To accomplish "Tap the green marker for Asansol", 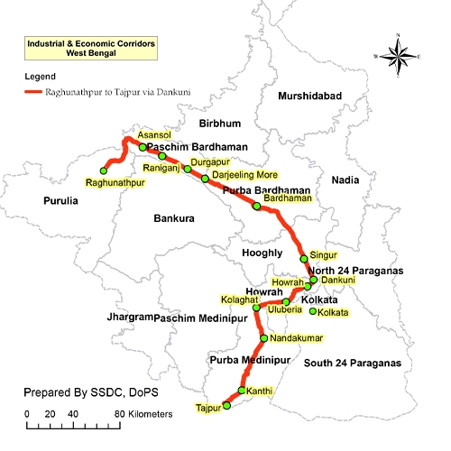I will [143, 147].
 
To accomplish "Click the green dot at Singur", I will [304, 258].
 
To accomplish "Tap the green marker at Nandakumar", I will [262, 338].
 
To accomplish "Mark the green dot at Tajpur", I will [226, 406].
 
